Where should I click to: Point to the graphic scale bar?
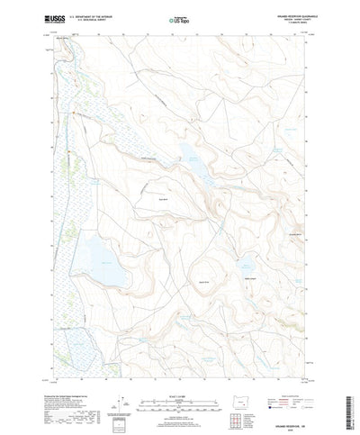[180, 378]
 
